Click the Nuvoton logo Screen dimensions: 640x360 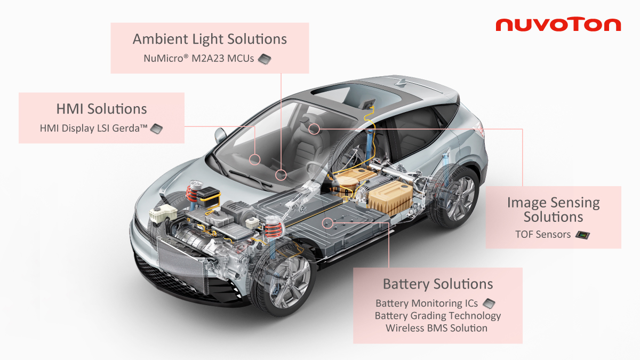point(558,25)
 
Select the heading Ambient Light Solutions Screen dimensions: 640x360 point(210,39)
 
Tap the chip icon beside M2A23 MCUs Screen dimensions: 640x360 point(265,59)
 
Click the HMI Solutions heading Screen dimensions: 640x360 point(101,109)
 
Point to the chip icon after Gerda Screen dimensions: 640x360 point(157,129)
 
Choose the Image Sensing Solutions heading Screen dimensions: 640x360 point(554,210)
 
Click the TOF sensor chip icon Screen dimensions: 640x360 point(582,235)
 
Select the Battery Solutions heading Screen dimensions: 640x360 point(438,284)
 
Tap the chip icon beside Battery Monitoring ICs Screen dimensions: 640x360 point(489,303)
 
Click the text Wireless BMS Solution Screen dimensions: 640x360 point(437,328)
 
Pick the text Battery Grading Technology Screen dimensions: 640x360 point(438,316)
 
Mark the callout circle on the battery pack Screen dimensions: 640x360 point(327,223)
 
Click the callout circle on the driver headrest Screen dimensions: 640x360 point(314,129)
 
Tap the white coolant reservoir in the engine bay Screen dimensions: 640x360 point(162,213)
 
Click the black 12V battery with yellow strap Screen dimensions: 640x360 point(209,196)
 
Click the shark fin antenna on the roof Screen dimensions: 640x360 point(402,83)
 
